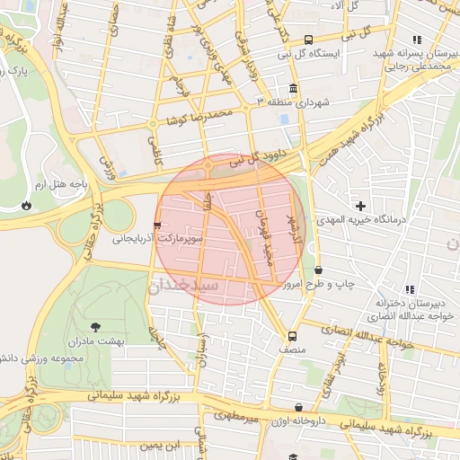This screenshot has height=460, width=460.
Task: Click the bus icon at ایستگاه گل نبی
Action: pos(308,40)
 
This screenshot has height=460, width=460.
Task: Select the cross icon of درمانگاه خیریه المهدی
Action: pos(361,207)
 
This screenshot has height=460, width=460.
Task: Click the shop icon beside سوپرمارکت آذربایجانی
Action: pos(158,225)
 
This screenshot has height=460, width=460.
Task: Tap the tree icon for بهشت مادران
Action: pos(95,327)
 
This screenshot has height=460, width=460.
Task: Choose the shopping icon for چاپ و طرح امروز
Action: pos(319,270)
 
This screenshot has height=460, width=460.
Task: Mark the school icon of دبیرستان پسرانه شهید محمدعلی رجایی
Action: pos(415,40)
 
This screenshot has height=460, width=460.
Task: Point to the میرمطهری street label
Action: pos(236,418)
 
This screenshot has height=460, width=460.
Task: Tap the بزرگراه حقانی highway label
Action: pos(91,216)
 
